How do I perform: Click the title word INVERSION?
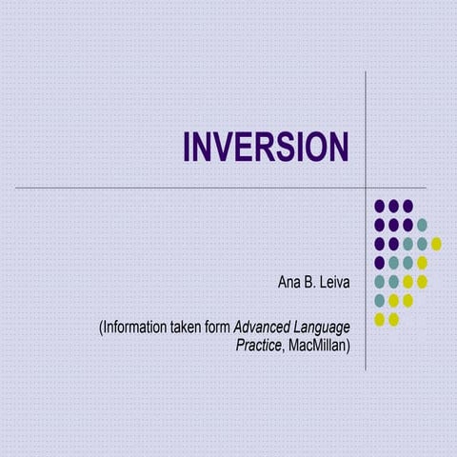[266, 148]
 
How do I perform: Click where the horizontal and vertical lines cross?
[367, 188]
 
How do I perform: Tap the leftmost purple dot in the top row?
[379, 206]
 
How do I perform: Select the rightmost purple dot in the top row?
[407, 206]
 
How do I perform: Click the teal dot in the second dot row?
[422, 225]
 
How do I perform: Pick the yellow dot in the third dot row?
[436, 244]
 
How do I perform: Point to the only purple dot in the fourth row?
[379, 263]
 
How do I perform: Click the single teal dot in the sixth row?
[379, 301]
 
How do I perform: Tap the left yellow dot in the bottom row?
[379, 320]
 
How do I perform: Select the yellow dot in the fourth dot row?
[422, 263]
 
